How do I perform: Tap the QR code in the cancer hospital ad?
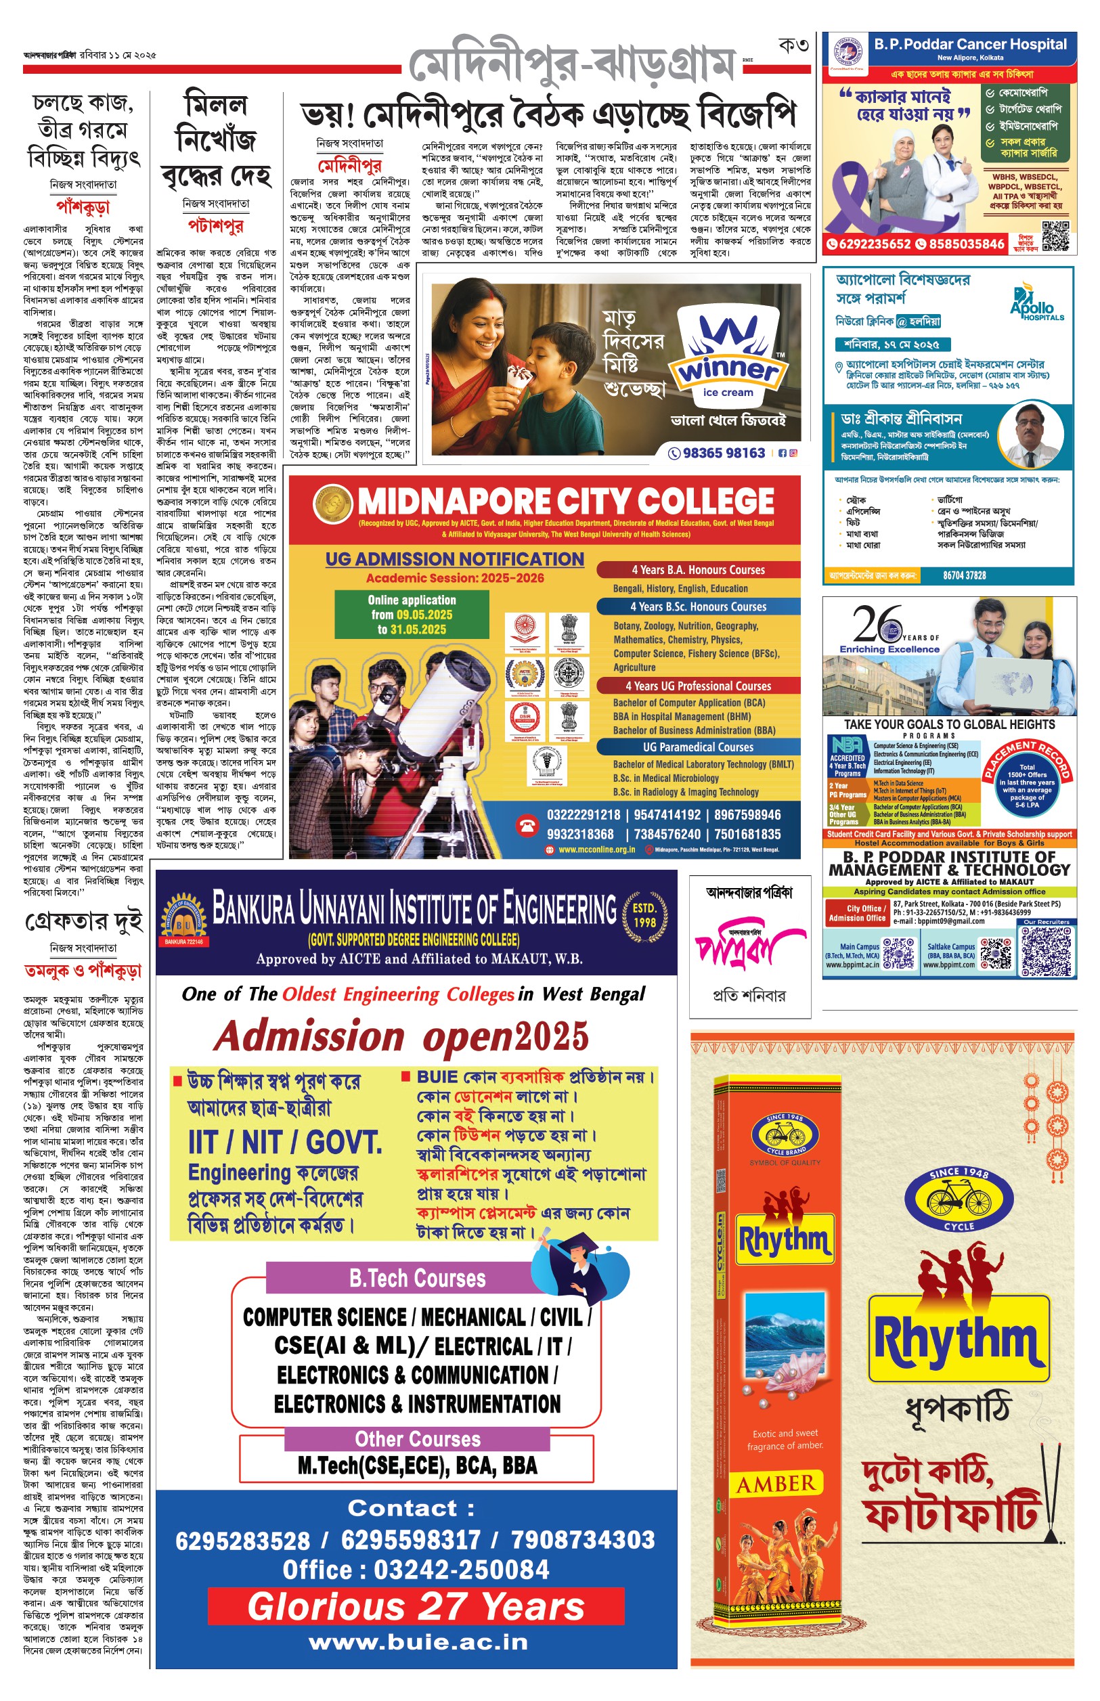coord(1056,236)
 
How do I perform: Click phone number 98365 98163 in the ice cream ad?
coord(724,453)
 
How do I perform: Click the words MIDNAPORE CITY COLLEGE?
coord(566,502)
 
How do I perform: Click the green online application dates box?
coord(412,615)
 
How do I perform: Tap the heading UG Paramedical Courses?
coord(698,747)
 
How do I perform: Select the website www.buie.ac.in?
coord(418,1641)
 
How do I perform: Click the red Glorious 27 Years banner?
coord(416,1607)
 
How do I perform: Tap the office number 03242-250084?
coord(416,1569)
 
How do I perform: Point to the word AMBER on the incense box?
coord(776,1484)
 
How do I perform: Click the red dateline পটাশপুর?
coord(215,226)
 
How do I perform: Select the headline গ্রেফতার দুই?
coord(83,922)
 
